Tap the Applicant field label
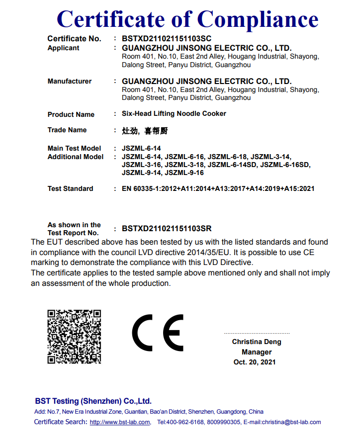pos(63,48)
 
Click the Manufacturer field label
pos(69,81)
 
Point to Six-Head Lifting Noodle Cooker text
pos(174,114)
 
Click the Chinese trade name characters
pos(145,131)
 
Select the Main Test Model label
pos(74,148)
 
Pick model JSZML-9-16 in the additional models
pos(184,173)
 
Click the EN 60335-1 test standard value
pos(218,189)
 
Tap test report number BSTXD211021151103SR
pos(167,229)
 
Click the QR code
pos(74,337)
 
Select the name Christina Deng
pos(257,342)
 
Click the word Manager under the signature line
pos(257,352)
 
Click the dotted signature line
pos(257,333)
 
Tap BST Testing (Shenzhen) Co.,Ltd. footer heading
pos(93,401)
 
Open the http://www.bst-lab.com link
pos(120,422)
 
